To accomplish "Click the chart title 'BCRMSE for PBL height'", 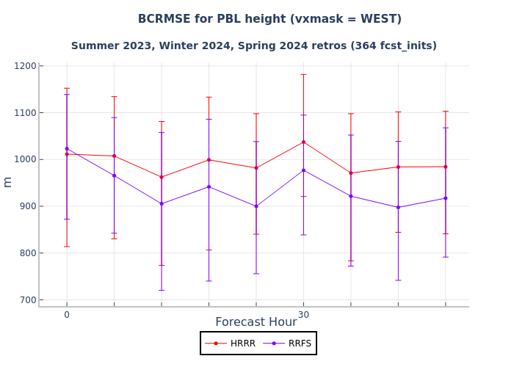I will pos(269,19).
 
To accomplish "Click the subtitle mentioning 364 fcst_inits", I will pos(253,46).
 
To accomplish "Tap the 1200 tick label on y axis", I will pos(26,66).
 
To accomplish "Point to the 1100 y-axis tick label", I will pos(26,113).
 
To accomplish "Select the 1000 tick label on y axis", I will pos(26,159).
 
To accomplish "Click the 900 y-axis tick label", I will pos(27,206).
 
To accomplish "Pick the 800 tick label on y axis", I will pos(27,253).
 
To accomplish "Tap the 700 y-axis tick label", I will pos(27,299).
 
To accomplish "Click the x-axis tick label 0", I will pos(67,315).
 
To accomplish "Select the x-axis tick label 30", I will pos(303,315).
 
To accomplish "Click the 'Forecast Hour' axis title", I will pos(256,322).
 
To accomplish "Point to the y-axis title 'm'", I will pos(8,181).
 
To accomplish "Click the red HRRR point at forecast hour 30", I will pos(303,142).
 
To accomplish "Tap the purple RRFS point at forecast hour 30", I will pos(303,170).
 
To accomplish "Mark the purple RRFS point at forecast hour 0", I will pos(67,148).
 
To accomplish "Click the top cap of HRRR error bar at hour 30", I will pos(303,74).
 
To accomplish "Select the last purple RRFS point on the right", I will pos(445,198).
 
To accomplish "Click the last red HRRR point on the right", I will pos(445,167).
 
